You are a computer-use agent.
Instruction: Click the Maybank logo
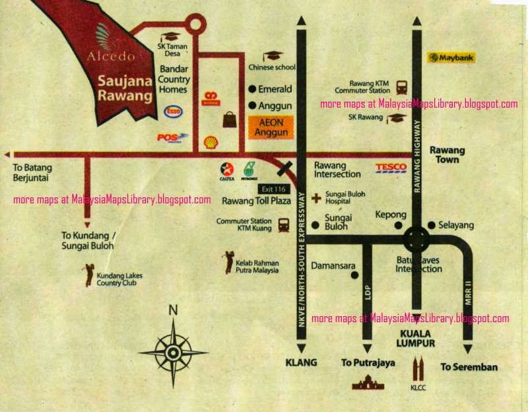pos(451,58)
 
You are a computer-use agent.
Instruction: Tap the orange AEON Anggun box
pos(272,127)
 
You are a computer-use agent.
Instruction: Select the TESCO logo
pos(391,168)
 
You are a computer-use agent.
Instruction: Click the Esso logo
pos(174,111)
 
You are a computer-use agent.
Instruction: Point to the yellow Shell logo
pos(211,141)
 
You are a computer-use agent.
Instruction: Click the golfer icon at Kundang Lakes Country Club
pos(88,274)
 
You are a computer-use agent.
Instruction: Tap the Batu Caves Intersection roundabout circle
pos(416,238)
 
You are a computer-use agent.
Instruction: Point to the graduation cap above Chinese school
pos(272,57)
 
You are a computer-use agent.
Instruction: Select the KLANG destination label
pos(301,362)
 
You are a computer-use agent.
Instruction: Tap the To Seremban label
pos(469,366)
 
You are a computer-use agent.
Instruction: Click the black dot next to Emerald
pos(251,88)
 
